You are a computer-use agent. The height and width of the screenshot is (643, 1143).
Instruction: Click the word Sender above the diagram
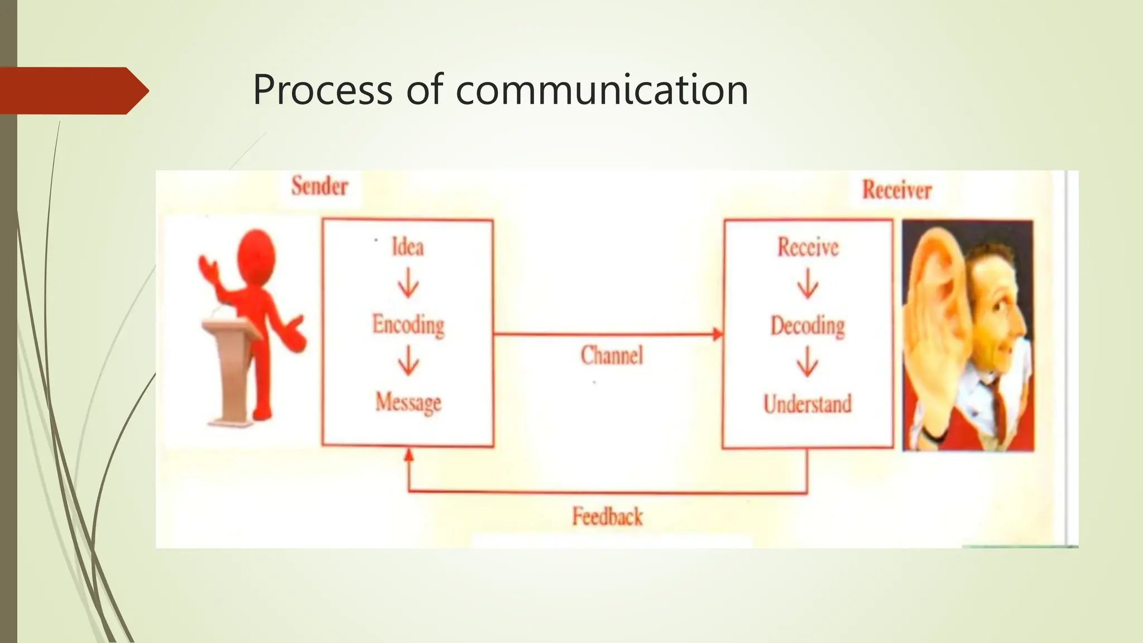(320, 186)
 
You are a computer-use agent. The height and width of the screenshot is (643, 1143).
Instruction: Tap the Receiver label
(897, 190)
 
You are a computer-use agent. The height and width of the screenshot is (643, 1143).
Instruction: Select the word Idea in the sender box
(407, 247)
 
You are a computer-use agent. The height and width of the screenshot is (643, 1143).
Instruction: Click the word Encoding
(409, 325)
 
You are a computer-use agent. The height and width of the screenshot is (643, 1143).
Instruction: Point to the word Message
(408, 402)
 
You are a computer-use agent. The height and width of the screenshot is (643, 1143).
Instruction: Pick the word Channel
(612, 355)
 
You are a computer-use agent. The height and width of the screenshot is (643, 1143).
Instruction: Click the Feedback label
(607, 516)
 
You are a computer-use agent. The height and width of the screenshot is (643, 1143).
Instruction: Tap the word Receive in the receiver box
(808, 247)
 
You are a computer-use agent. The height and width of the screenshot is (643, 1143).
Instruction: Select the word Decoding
(808, 325)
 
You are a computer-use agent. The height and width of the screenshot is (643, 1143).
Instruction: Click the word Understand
(808, 404)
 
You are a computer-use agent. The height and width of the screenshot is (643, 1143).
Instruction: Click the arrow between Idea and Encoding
(408, 283)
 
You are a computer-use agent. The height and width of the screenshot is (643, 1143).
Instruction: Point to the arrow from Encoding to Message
(408, 361)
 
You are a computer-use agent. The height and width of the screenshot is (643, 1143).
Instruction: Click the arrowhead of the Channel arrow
(718, 334)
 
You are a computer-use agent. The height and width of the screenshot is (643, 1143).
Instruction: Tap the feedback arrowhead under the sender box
(409, 454)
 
